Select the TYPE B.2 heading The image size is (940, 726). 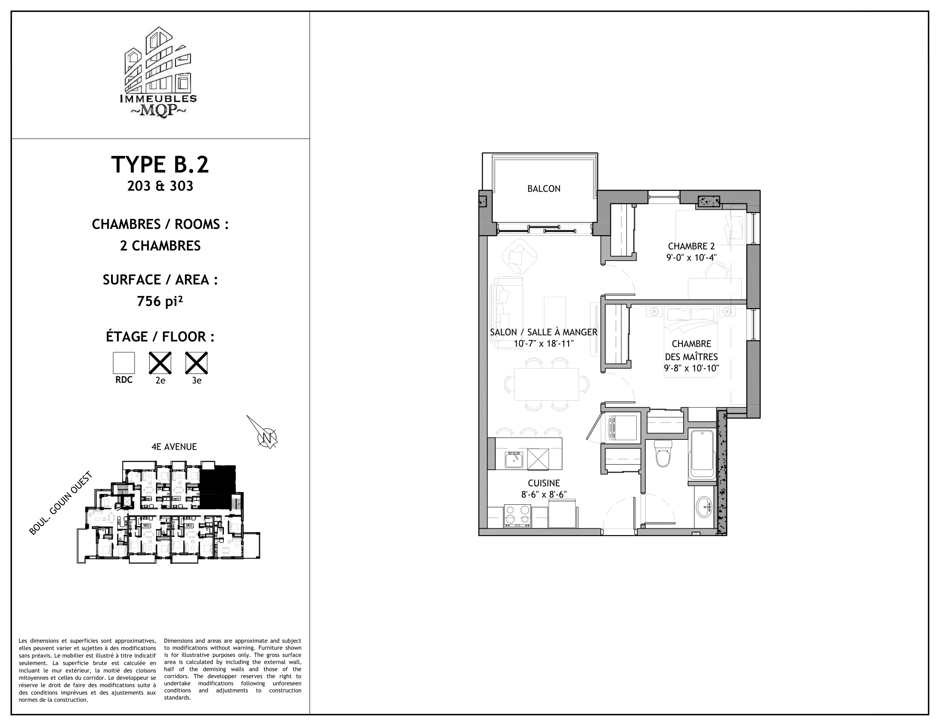160,165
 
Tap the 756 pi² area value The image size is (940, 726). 160,302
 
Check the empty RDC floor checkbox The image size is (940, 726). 124,363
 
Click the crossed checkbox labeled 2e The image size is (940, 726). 160,363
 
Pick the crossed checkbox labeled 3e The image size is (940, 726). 196,363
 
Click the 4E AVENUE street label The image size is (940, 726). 174,447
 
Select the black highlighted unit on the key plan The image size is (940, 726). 218,486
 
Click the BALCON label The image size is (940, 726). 543,189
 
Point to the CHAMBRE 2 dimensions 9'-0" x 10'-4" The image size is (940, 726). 691,258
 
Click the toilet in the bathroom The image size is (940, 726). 663,455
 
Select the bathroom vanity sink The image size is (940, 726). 704,506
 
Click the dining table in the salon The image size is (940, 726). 546,383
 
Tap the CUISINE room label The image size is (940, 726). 543,483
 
